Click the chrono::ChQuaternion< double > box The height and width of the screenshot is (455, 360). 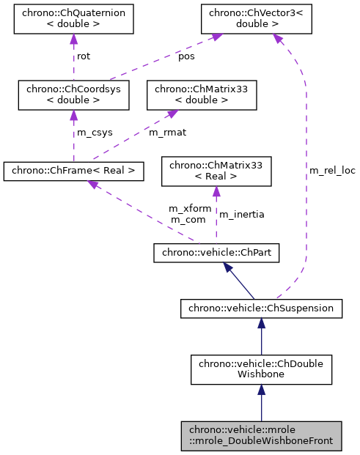point(73,20)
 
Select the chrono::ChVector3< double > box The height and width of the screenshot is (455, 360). point(254,20)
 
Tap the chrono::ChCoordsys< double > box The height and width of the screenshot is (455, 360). point(73,95)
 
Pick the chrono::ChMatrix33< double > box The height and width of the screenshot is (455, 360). point(202,95)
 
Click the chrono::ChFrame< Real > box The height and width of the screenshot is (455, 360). point(73,171)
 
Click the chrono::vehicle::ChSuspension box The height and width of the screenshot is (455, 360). point(261,308)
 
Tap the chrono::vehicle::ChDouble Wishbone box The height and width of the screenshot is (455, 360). point(261,370)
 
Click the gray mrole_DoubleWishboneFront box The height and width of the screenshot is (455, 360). point(261,435)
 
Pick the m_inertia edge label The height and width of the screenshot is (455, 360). point(242,214)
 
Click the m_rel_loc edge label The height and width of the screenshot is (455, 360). point(332,170)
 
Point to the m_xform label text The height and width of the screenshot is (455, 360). point(190,208)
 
